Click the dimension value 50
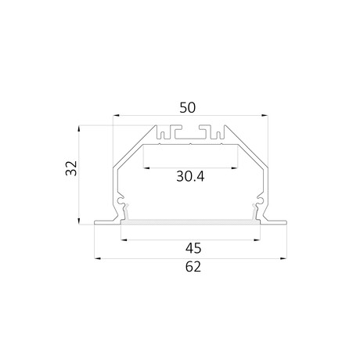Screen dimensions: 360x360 [187, 108]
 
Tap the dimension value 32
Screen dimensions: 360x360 [71, 168]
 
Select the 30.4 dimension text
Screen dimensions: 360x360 [190, 176]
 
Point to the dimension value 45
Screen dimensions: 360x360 [193, 248]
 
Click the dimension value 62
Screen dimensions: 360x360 [193, 267]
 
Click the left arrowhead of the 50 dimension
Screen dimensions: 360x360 [116, 115]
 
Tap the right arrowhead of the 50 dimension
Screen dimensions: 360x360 [265, 115]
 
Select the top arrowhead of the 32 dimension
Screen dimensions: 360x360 [79, 129]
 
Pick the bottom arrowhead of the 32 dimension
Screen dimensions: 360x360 [79, 221]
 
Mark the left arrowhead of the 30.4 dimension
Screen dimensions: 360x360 [146, 168]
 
